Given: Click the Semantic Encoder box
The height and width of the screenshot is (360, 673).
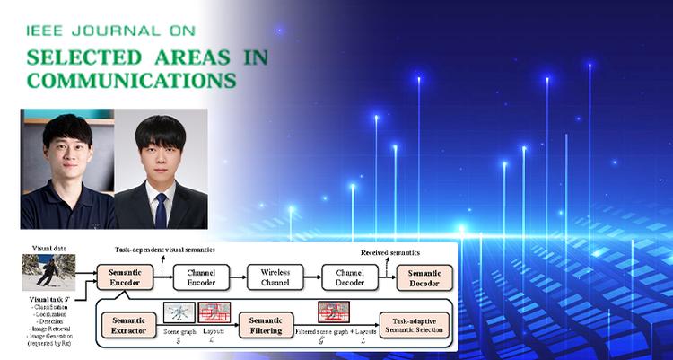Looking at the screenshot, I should [123, 277].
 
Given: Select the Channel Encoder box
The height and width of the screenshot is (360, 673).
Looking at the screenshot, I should [201, 277].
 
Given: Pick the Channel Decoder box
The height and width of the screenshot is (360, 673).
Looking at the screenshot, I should [350, 277].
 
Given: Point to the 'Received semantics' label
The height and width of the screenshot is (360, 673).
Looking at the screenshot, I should [388, 253].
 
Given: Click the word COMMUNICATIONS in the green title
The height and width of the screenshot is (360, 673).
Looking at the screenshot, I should [133, 80].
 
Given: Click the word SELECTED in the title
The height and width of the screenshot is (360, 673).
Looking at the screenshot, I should [78, 57].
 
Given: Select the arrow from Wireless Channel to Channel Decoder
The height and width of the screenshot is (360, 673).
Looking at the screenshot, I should [313, 277].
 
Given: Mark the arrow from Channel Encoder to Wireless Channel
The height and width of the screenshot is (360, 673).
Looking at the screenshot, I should [240, 277].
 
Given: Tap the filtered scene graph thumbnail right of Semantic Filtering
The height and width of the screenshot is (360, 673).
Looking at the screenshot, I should [334, 312].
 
